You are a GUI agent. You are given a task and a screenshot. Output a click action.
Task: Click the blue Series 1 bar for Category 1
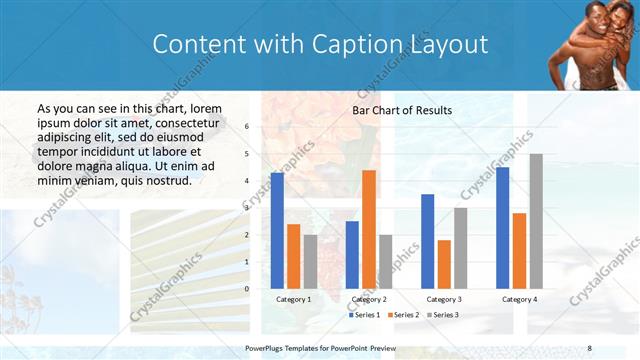[277, 230]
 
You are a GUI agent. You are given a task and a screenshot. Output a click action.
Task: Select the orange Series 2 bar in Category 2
[369, 229]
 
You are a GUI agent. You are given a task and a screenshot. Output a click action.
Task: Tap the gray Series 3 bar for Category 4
[536, 221]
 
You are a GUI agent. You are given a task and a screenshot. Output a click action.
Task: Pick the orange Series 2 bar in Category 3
[444, 264]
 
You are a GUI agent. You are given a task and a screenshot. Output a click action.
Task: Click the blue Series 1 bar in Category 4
[502, 227]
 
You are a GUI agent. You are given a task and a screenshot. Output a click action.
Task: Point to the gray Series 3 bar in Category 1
[311, 261]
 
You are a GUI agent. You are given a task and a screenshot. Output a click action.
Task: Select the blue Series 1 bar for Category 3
[427, 241]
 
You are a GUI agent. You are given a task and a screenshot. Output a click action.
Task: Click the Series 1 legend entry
[365, 315]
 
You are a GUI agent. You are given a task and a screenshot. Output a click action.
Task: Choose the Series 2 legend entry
[402, 315]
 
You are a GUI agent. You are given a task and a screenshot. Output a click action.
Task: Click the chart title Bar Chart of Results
[402, 110]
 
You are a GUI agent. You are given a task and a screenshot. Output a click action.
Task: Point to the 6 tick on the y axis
[248, 127]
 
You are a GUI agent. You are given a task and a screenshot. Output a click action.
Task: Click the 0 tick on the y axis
[248, 288]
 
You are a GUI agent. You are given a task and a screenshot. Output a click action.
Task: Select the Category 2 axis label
[369, 299]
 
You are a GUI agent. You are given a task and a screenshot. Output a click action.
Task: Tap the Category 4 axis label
[519, 299]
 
